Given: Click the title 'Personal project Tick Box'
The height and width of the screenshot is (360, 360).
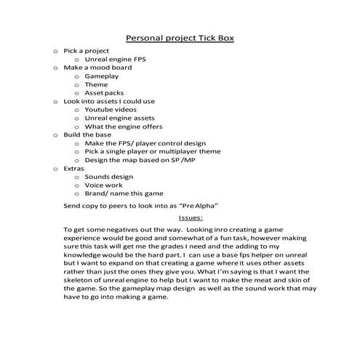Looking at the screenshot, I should click(x=180, y=38).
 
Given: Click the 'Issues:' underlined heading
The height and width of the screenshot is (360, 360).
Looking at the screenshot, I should click(x=191, y=217).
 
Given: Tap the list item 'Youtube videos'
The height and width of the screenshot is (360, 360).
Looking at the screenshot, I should click(x=110, y=109).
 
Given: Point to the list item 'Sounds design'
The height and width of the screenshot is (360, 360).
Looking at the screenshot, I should click(x=108, y=177).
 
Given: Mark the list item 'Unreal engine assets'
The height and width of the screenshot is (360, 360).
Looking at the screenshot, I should click(x=120, y=118).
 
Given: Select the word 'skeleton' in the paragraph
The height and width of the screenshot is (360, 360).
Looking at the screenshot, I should click(x=79, y=280).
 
